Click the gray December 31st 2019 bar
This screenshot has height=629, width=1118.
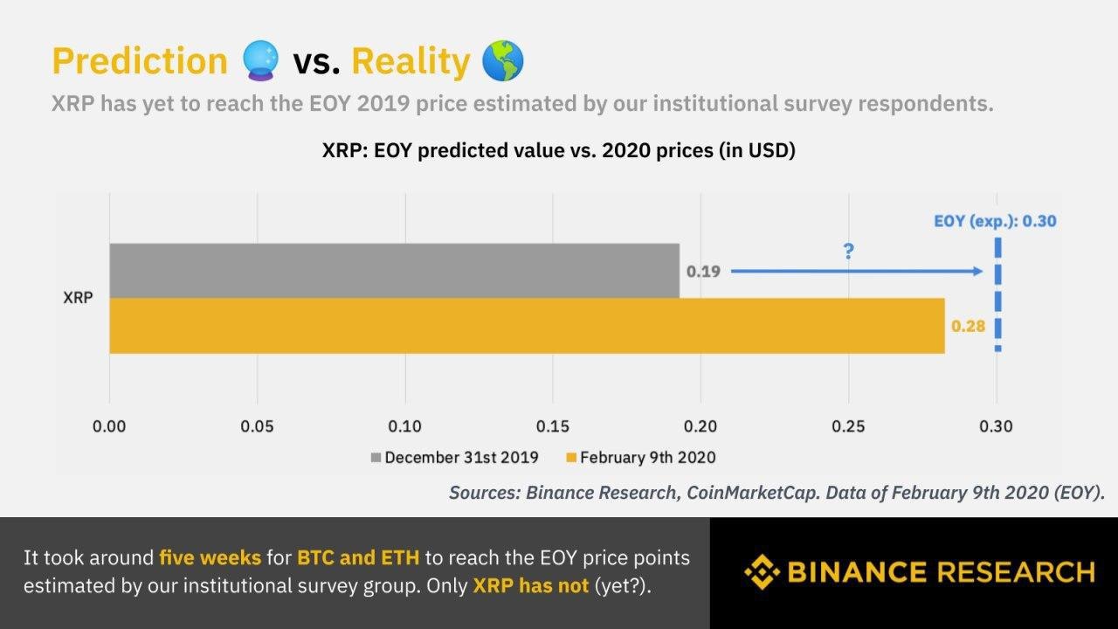pyautogui.click(x=393, y=271)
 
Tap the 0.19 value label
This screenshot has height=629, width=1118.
pyautogui.click(x=703, y=272)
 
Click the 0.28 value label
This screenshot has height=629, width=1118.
pyautogui.click(x=968, y=327)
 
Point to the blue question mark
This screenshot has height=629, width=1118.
pyautogui.click(x=848, y=252)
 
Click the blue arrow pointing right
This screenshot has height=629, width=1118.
pyautogui.click(x=856, y=272)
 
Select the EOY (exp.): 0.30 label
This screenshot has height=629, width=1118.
pyautogui.click(x=995, y=221)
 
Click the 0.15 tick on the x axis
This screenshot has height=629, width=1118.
pyautogui.click(x=553, y=427)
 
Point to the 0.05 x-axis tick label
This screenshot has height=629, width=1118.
pyautogui.click(x=257, y=427)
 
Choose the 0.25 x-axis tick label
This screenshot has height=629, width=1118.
pyautogui.click(x=848, y=427)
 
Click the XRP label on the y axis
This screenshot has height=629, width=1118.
pyautogui.click(x=78, y=298)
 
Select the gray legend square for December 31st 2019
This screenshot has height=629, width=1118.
pyautogui.click(x=376, y=458)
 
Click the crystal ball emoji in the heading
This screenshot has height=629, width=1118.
pyautogui.click(x=260, y=61)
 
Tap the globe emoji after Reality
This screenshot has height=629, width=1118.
pyautogui.click(x=503, y=61)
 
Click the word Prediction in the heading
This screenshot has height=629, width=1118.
pyautogui.click(x=140, y=61)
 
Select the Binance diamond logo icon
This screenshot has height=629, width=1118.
pyautogui.click(x=762, y=572)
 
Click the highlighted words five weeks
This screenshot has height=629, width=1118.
pyautogui.click(x=210, y=557)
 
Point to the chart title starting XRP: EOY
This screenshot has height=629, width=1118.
pyautogui.click(x=559, y=150)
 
